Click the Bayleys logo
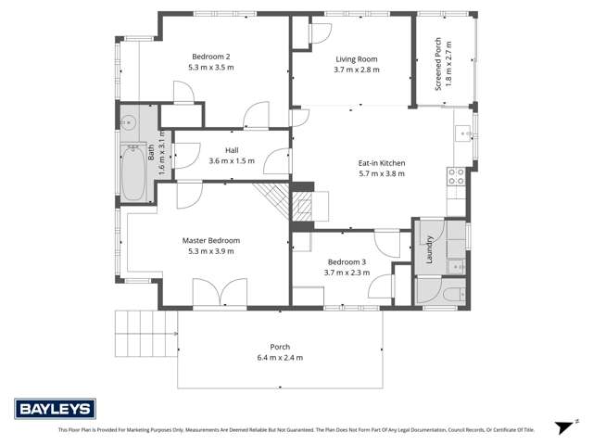[x=52, y=409]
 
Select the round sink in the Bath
[x=130, y=121]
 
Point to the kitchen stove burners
[x=456, y=175]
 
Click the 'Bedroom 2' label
[x=210, y=57]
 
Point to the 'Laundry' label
[x=430, y=248]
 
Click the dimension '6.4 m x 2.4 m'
[x=281, y=357]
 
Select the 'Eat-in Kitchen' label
[x=382, y=163]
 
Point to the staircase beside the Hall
[x=274, y=197]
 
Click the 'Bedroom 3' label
[x=347, y=262]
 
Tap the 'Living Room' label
[x=356, y=59]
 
